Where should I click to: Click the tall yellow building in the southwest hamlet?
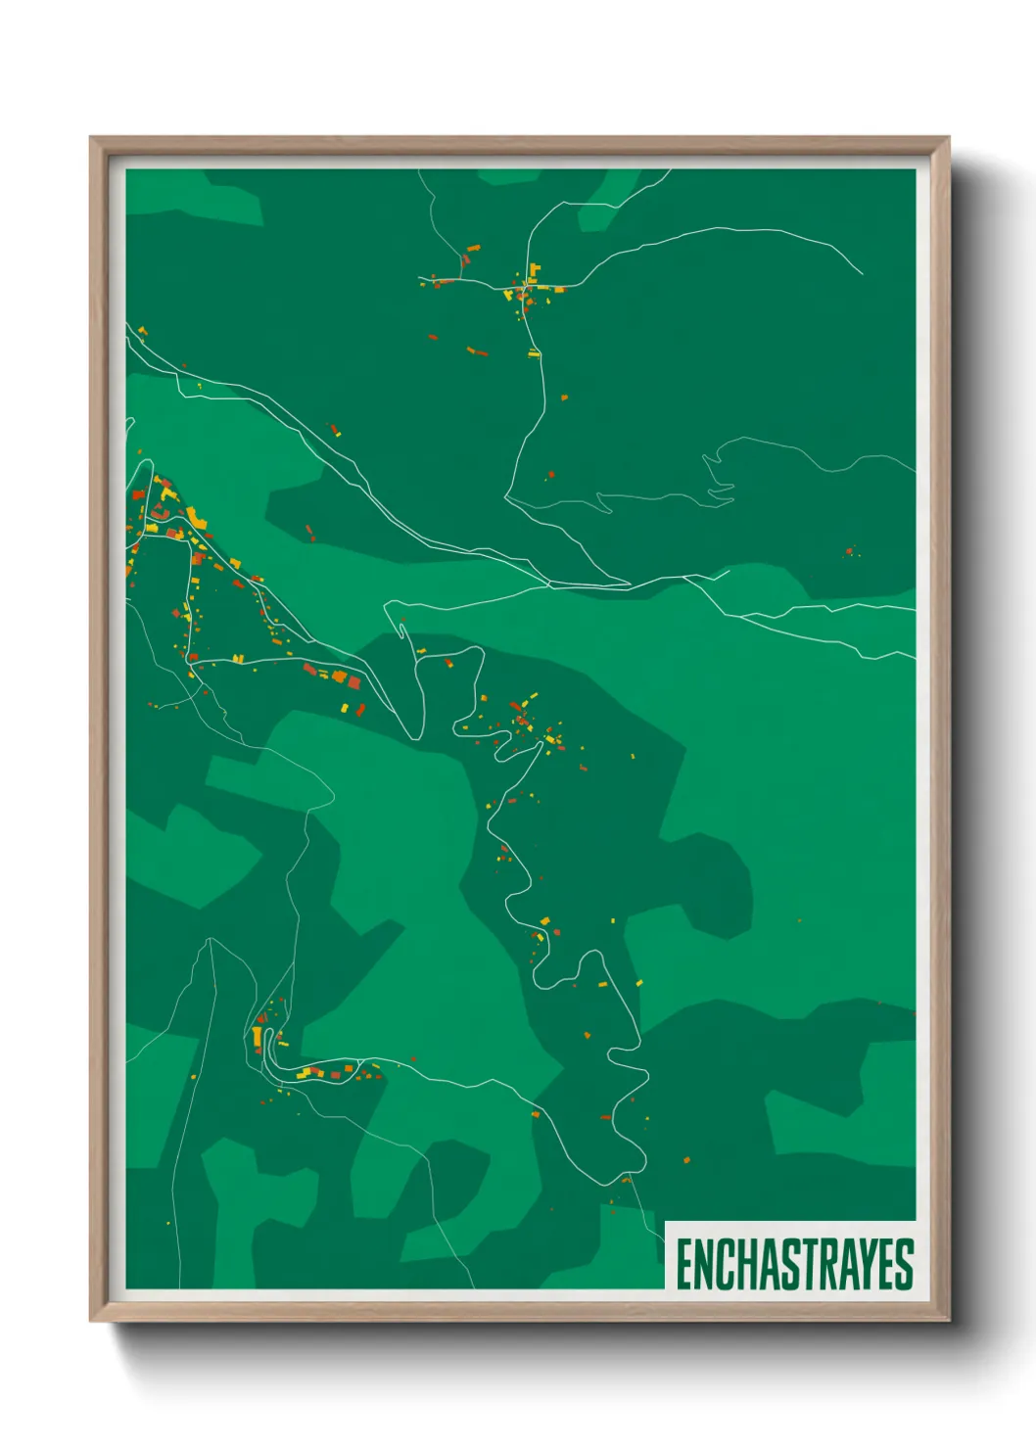(257, 1036)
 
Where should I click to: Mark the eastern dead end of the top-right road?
(862, 273)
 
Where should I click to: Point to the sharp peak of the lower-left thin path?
(211, 939)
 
